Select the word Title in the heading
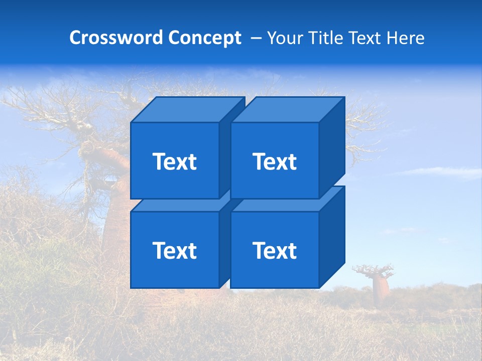tap(327, 38)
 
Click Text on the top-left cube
tap(175, 161)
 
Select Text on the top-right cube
tap(275, 161)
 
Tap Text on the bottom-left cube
tap(175, 250)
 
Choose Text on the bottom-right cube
tap(275, 250)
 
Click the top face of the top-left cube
tap(187, 109)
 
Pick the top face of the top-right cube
tap(287, 109)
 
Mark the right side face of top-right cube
tap(332, 148)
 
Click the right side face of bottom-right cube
tap(332, 237)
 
